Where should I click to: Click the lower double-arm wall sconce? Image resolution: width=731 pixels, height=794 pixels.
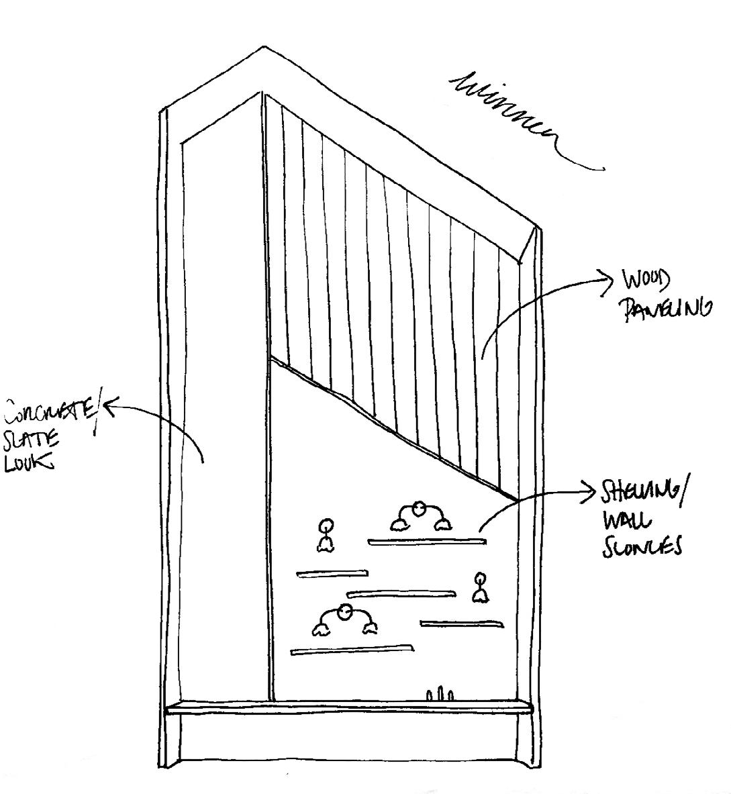tap(344, 619)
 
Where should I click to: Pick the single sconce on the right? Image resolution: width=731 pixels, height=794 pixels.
tap(479, 587)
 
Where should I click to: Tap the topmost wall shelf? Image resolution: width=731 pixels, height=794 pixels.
tap(426, 541)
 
